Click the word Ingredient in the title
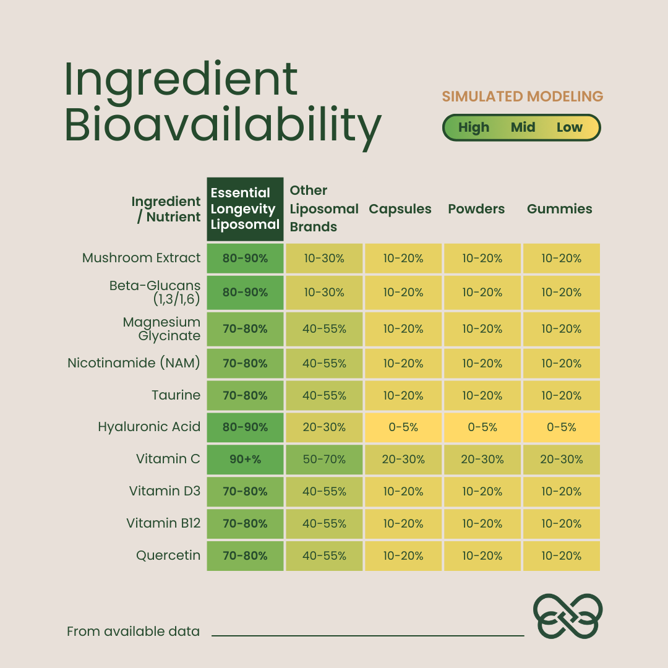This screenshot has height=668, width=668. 181,80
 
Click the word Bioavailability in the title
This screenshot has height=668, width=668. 223,126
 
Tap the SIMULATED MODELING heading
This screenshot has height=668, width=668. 523,96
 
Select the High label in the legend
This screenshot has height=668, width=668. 474,127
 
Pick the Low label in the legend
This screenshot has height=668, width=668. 569,127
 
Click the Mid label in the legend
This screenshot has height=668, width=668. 523,127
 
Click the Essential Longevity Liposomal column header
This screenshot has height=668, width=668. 245,209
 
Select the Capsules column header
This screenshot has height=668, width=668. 400,209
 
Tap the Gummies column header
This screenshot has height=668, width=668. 560,209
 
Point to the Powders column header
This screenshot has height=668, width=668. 476,209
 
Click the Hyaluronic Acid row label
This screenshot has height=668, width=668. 149,427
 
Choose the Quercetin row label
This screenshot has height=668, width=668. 168,555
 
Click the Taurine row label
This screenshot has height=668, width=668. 176,395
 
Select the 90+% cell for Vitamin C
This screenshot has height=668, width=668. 245,460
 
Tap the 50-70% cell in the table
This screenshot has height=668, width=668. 324,460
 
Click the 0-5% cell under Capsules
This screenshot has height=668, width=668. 403,427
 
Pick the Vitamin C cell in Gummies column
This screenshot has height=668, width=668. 562,460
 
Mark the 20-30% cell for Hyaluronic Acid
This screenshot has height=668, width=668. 324,427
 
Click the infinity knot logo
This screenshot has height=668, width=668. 568,615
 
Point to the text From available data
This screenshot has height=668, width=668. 133,632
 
